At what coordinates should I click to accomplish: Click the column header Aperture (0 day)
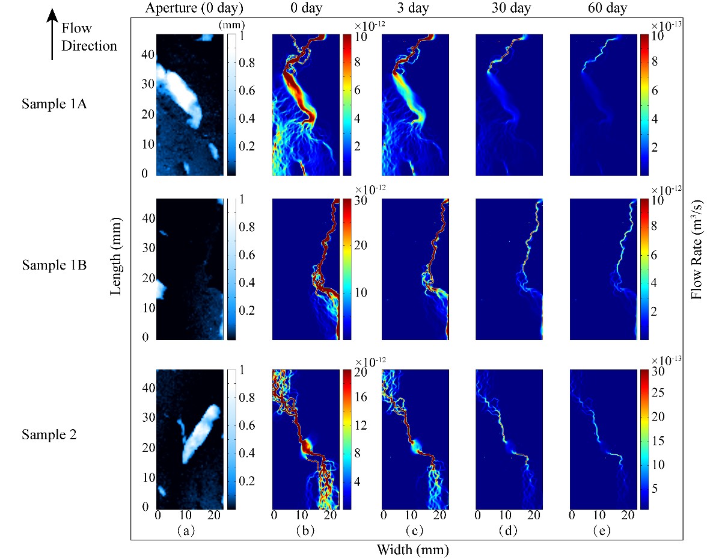190,9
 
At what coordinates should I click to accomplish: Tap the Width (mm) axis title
412,549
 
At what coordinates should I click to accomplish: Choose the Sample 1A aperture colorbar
231,104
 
